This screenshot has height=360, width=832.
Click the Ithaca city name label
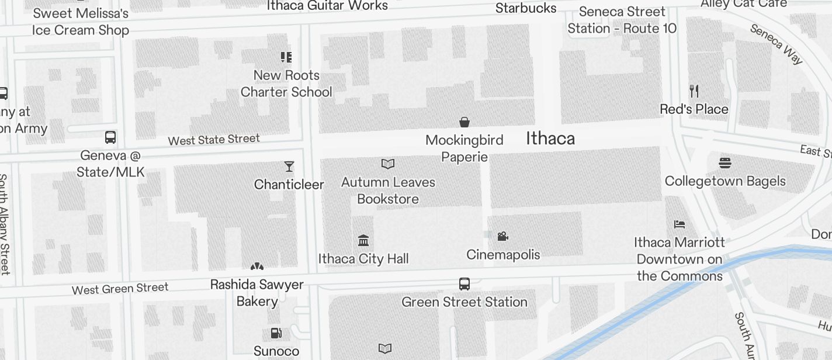pyautogui.click(x=550, y=139)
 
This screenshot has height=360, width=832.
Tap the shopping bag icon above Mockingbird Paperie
pyautogui.click(x=464, y=122)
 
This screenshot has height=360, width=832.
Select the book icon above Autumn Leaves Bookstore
pyautogui.click(x=388, y=164)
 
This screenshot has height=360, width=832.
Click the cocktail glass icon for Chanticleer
pyautogui.click(x=289, y=167)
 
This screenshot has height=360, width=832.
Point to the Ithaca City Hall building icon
pyautogui.click(x=363, y=240)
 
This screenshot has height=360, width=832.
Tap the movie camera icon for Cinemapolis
pyautogui.click(x=502, y=236)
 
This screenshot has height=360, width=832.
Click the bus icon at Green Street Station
pyautogui.click(x=464, y=284)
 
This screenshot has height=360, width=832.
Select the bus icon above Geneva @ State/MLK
pyautogui.click(x=110, y=137)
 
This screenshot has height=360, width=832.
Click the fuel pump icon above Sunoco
pyautogui.click(x=276, y=333)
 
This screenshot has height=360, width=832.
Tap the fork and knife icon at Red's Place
pyautogui.click(x=694, y=91)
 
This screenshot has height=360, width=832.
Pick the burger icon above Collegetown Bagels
pyautogui.click(x=725, y=163)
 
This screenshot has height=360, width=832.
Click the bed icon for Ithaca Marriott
pyautogui.click(x=679, y=224)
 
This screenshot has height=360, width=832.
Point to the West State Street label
pyautogui.click(x=214, y=140)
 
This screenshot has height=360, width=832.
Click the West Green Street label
pyautogui.click(x=120, y=289)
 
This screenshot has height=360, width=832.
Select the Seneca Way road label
pyautogui.click(x=776, y=44)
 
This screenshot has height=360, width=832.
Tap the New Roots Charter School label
pyautogui.click(x=286, y=84)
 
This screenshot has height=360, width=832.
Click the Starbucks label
pyautogui.click(x=526, y=8)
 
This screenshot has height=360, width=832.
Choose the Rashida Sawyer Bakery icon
pyautogui.click(x=257, y=266)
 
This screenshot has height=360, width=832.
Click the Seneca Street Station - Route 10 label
pyautogui.click(x=622, y=20)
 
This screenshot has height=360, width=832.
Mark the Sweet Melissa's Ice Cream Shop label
pyautogui.click(x=81, y=22)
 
